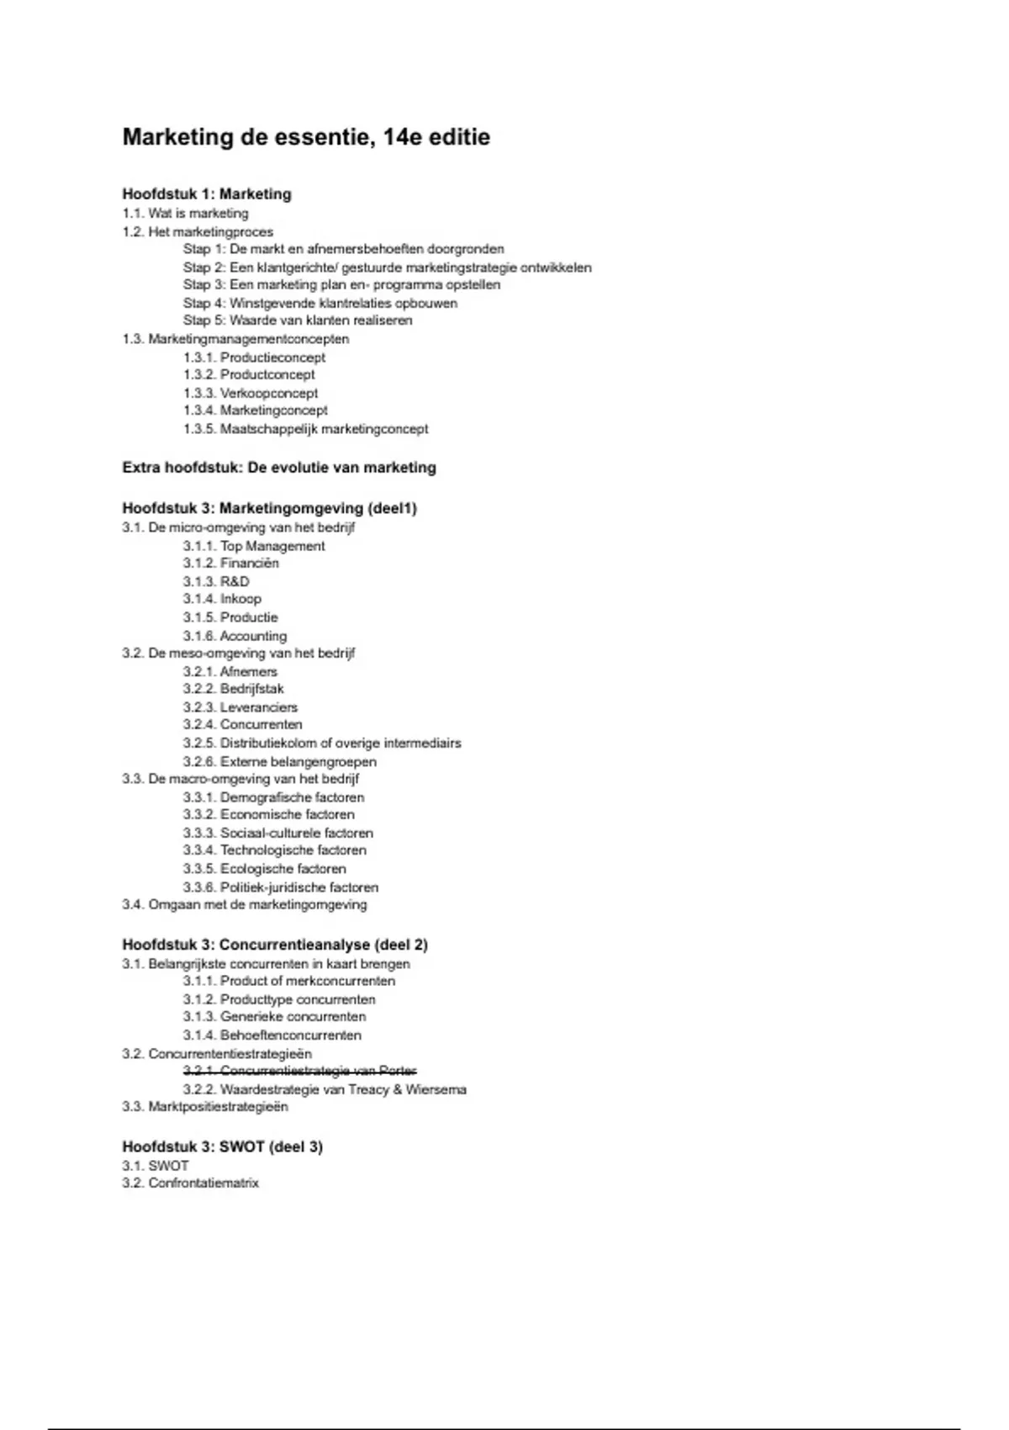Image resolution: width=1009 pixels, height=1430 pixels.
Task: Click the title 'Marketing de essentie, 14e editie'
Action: [306, 137]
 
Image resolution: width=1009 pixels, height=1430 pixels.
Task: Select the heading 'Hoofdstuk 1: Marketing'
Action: [207, 194]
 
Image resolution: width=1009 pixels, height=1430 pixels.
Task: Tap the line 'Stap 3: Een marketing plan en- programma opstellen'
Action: [341, 285]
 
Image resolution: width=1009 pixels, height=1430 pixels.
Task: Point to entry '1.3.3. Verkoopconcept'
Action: [251, 393]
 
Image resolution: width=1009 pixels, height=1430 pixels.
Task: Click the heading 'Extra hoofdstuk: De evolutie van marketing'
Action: [279, 468]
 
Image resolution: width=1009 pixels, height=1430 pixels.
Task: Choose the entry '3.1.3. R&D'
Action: [216, 581]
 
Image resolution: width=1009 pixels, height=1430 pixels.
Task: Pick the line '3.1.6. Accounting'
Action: [235, 636]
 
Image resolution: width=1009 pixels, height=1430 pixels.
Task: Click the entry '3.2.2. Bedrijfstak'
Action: [233, 689]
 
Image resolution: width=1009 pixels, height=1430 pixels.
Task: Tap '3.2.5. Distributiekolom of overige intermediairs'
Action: [322, 743]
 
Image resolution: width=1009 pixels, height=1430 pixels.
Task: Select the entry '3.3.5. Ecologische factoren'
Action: [264, 869]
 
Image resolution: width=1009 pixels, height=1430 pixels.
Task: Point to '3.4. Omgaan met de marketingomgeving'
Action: [244, 905]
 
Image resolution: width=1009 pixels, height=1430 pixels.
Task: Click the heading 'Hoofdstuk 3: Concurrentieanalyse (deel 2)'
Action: [275, 945]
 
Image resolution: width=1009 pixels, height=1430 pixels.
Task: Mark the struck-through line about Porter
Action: [300, 1071]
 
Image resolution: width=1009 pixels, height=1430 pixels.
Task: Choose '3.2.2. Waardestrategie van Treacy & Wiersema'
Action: [325, 1089]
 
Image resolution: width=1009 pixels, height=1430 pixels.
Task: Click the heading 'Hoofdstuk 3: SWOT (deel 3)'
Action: [222, 1147]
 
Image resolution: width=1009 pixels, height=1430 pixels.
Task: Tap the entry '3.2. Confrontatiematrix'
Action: [190, 1183]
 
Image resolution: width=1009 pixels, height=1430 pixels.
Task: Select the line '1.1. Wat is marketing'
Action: [185, 214]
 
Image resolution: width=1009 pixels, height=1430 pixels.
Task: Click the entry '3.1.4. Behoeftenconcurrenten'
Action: [272, 1035]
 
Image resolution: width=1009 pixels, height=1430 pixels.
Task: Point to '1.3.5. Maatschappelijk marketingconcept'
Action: [305, 429]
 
